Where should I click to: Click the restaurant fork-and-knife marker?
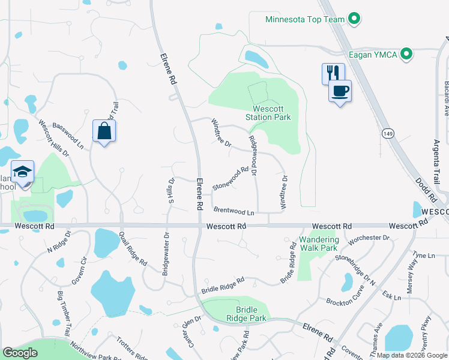[333, 74]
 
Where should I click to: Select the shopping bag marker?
[104, 131]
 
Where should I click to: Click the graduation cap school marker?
[23, 172]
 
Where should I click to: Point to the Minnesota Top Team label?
[305, 19]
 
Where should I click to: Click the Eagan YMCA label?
[373, 55]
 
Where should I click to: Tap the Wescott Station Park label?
[268, 113]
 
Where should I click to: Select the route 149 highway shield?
[390, 134]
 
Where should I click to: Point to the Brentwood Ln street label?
[234, 212]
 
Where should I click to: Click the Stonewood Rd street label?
[231, 179]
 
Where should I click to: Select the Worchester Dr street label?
[369, 238]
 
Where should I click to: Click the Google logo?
[20, 353]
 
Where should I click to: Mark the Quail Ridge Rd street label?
[133, 249]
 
